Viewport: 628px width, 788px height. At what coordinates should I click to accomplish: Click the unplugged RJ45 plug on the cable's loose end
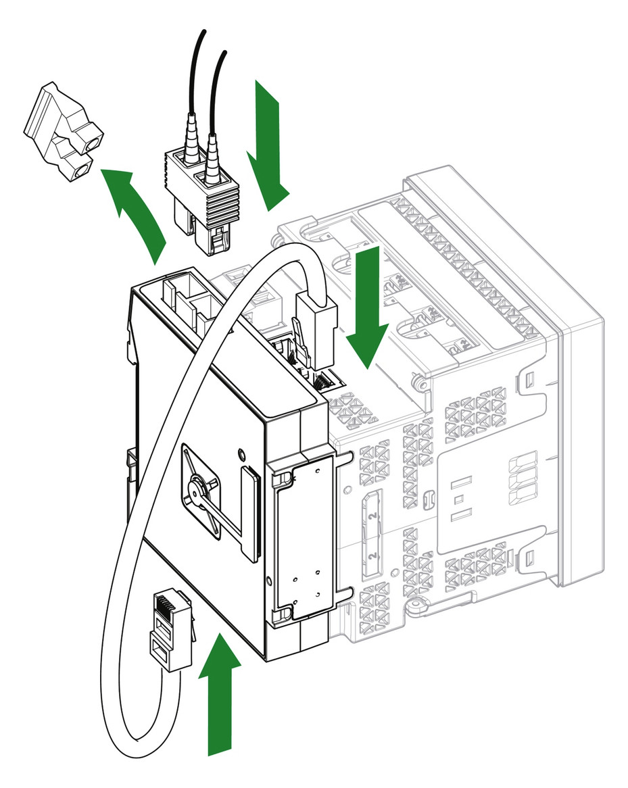coord(169,629)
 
